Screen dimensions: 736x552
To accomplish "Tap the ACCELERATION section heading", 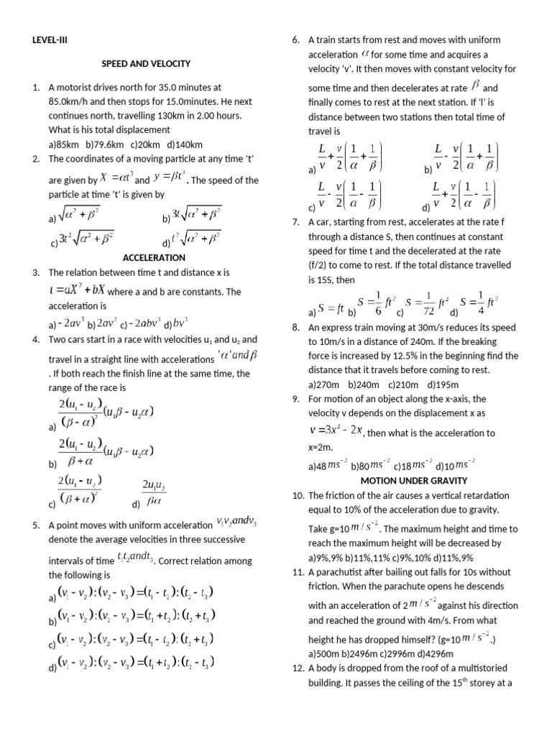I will pos(154,257).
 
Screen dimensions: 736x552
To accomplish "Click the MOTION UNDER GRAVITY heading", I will pos(413,480).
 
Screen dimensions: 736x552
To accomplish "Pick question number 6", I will pos(295,40).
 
